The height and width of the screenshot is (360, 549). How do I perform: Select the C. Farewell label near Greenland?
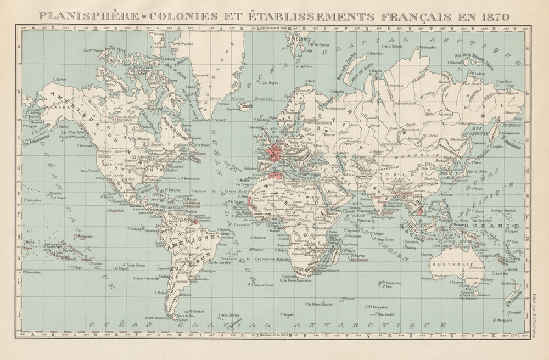[x=217, y=119]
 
